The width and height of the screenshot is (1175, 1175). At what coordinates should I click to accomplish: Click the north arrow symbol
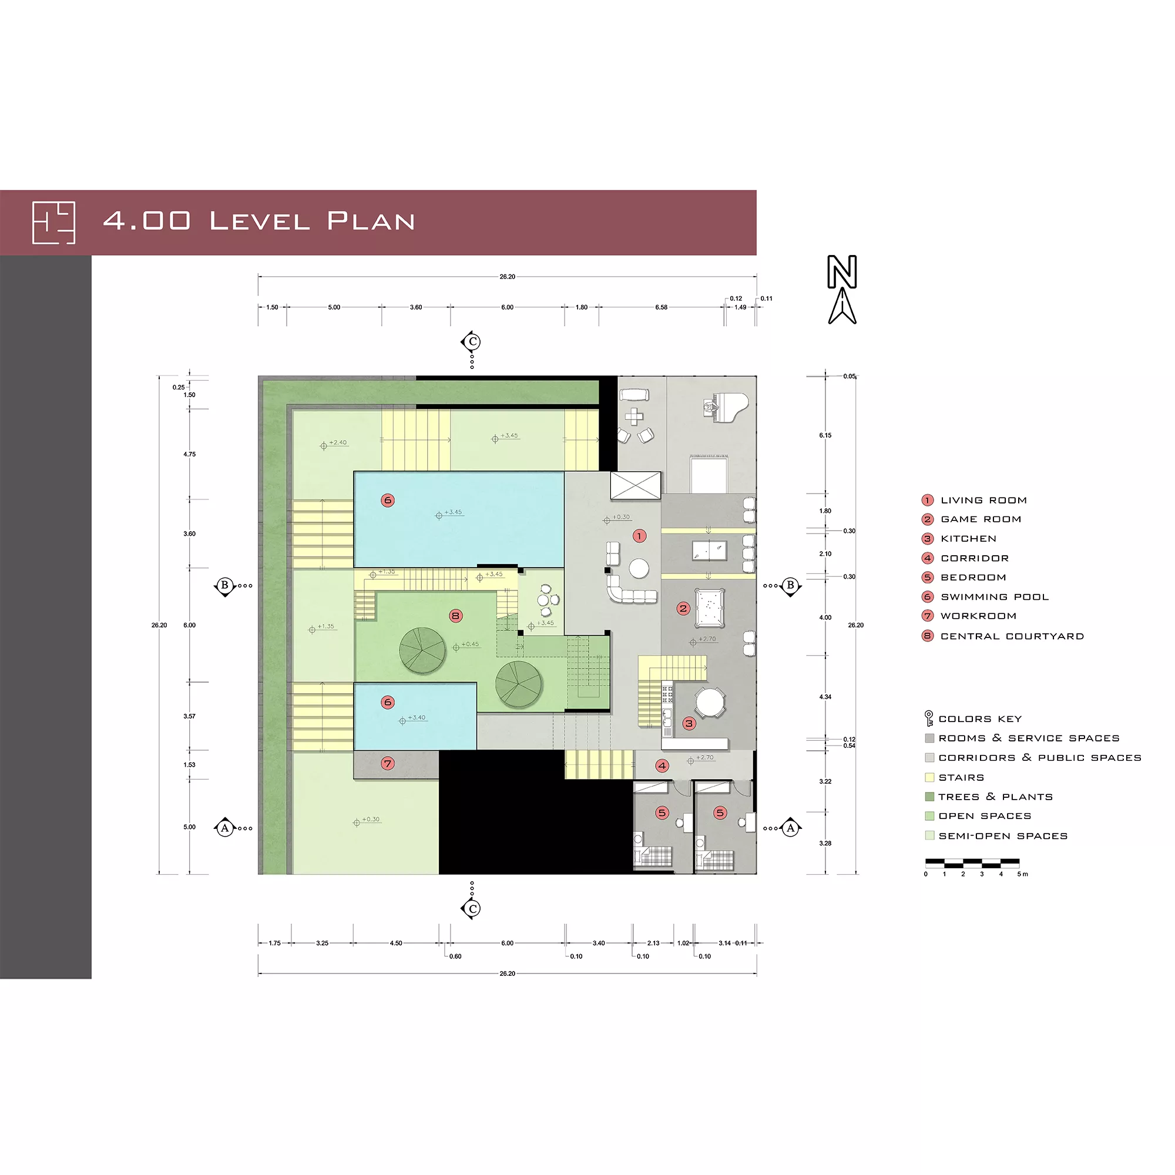point(842,290)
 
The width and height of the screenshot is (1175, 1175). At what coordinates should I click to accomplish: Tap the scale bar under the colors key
point(972,862)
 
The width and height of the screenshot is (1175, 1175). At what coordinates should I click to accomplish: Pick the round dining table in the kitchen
point(709,703)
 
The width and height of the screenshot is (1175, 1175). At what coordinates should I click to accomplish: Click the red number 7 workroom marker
point(387,763)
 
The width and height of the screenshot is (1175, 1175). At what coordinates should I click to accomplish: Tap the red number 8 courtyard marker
point(455,616)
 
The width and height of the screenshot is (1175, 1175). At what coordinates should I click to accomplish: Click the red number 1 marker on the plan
point(639,536)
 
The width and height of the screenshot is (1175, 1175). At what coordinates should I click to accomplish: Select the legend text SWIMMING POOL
point(995,597)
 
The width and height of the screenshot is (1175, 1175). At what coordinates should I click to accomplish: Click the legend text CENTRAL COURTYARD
point(1012,636)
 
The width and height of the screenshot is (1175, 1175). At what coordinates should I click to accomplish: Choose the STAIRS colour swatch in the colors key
point(929,777)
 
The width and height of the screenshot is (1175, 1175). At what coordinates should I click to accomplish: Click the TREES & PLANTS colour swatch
point(929,797)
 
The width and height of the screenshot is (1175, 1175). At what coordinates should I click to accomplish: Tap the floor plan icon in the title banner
point(53,223)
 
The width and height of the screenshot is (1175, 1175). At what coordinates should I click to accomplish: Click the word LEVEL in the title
point(260,221)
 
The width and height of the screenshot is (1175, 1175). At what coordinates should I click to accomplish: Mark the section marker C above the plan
point(472,342)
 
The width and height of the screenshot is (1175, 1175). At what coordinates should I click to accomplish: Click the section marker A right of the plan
point(790,828)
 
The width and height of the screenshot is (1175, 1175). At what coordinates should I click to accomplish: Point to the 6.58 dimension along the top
point(661,307)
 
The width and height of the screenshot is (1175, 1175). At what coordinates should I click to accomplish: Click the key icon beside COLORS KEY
point(929,719)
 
